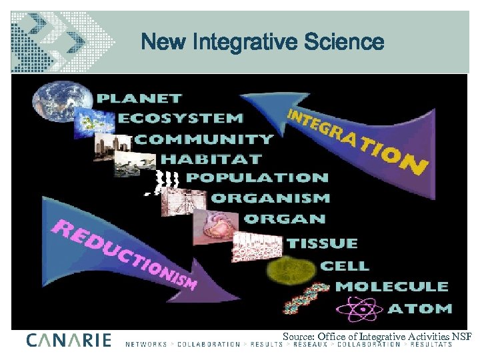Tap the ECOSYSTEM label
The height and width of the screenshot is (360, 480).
coord(181,118)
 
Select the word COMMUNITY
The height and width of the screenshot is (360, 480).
coord(205,139)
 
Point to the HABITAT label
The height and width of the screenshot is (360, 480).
coord(211,159)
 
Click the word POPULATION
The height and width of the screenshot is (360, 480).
coord(257,178)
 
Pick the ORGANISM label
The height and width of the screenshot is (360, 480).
coord(270,198)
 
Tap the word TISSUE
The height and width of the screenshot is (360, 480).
coord(322,244)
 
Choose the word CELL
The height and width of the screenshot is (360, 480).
coord(345,265)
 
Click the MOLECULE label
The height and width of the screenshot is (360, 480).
coord(392,287)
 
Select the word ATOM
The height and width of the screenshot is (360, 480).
coord(420,309)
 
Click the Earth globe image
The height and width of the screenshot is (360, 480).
coord(56,101)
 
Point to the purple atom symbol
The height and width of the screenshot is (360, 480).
coord(361,308)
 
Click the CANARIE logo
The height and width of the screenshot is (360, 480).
coord(69,340)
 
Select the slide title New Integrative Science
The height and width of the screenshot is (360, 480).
coord(263,43)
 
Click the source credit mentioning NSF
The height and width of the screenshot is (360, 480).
coord(377,337)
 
